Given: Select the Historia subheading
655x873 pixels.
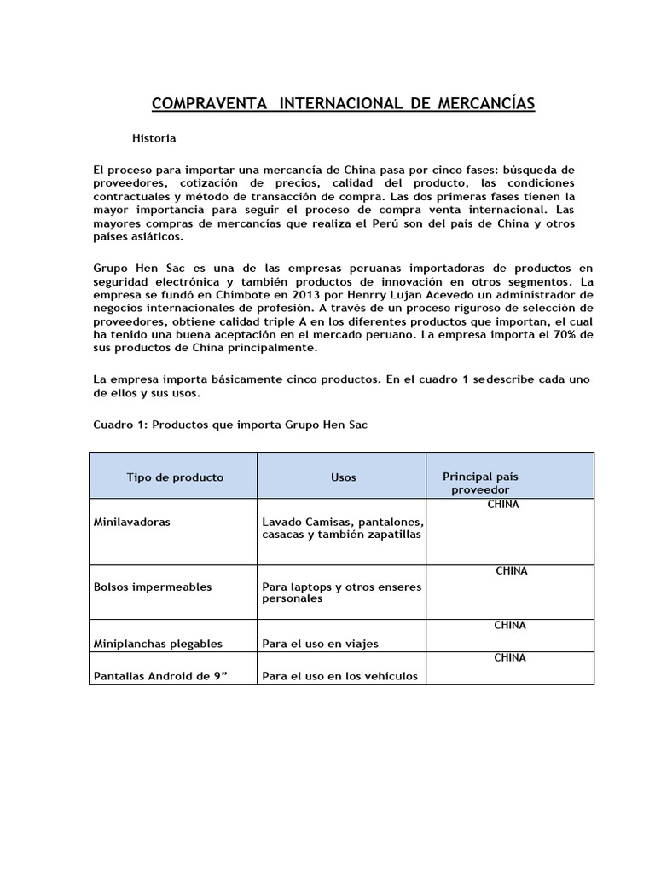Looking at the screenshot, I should tap(154, 138).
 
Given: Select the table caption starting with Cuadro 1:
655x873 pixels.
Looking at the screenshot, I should tap(230, 425).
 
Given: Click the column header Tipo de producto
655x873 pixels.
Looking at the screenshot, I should tap(175, 477).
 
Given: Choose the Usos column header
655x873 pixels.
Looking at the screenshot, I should tap(343, 477).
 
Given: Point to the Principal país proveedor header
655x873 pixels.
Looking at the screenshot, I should tap(480, 483).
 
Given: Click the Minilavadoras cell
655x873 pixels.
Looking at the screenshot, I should tap(131, 522).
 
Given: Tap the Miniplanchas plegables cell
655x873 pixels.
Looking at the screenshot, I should tap(158, 644).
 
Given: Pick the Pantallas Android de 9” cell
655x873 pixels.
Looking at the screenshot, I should tap(159, 676).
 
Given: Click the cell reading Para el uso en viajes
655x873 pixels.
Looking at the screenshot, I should tap(320, 644).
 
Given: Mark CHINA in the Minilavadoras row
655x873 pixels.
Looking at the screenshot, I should tap(502, 505).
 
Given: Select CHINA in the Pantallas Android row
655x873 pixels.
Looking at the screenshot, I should tap(510, 658).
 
